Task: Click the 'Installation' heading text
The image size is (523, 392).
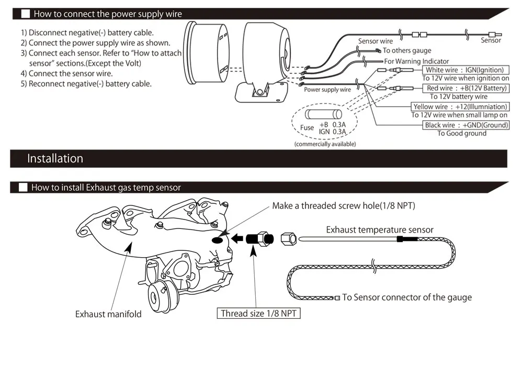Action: (x=55, y=159)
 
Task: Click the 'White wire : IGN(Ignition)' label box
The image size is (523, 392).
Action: (x=464, y=70)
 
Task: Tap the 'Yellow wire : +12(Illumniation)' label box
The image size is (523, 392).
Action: (x=460, y=107)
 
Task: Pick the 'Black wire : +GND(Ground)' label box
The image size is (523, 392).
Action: (x=466, y=125)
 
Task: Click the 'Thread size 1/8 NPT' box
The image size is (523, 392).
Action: (x=259, y=314)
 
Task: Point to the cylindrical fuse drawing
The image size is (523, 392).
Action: (x=324, y=114)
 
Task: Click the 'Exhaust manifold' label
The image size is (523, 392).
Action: (x=108, y=314)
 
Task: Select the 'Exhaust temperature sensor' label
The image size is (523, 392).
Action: (x=380, y=229)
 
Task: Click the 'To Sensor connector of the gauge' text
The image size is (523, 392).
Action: (x=407, y=297)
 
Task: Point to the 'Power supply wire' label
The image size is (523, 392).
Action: (x=327, y=90)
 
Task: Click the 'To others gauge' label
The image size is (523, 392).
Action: (x=407, y=51)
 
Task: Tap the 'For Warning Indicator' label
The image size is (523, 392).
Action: (x=416, y=61)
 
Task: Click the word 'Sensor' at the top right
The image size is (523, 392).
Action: (x=491, y=40)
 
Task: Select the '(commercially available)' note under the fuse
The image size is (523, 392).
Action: (x=325, y=144)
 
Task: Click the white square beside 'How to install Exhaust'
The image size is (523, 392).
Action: (x=23, y=188)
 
